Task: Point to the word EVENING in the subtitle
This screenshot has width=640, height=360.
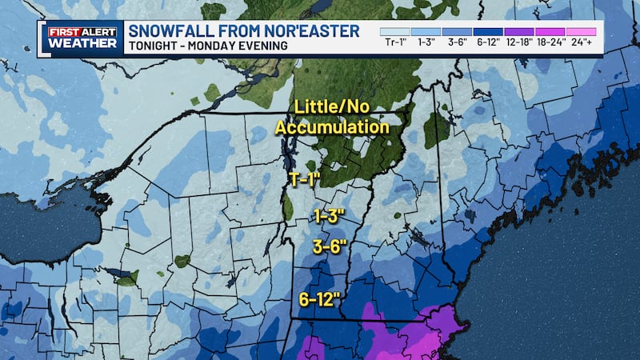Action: (263, 46)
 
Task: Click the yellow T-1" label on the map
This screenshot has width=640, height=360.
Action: (304, 179)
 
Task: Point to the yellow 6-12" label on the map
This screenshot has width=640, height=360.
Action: (320, 300)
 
